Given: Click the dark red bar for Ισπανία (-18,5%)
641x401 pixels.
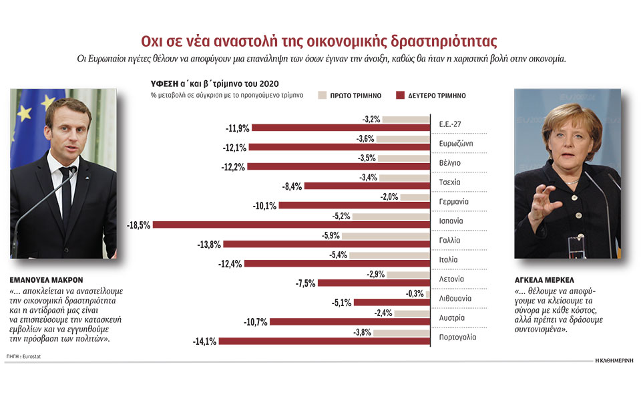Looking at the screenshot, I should click(291, 225).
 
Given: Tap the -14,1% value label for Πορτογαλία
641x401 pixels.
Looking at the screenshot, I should click(205, 342).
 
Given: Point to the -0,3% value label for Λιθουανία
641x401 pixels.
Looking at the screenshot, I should click(414, 293).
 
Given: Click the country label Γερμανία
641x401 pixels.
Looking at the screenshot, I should click(454, 201).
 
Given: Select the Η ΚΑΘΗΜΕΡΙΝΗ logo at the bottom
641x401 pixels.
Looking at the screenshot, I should click(614, 361).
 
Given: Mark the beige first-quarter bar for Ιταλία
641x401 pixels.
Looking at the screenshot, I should click(389, 255).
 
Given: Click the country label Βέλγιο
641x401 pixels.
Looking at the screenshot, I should click(450, 162).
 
